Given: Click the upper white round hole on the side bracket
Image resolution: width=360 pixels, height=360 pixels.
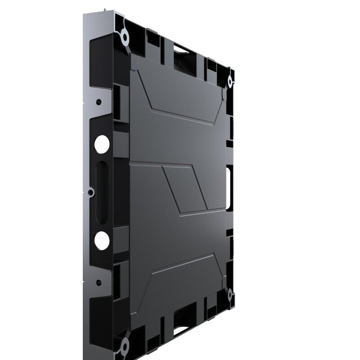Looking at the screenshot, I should pos(102,144).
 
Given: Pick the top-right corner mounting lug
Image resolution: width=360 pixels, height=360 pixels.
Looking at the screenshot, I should pos(229,81).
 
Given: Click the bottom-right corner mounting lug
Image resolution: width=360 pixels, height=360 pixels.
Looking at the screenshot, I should pos(230,295).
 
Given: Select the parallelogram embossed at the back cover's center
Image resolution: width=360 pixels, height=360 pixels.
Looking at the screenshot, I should pos(184,189).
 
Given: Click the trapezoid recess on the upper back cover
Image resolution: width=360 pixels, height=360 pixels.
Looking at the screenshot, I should pos(180,97).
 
